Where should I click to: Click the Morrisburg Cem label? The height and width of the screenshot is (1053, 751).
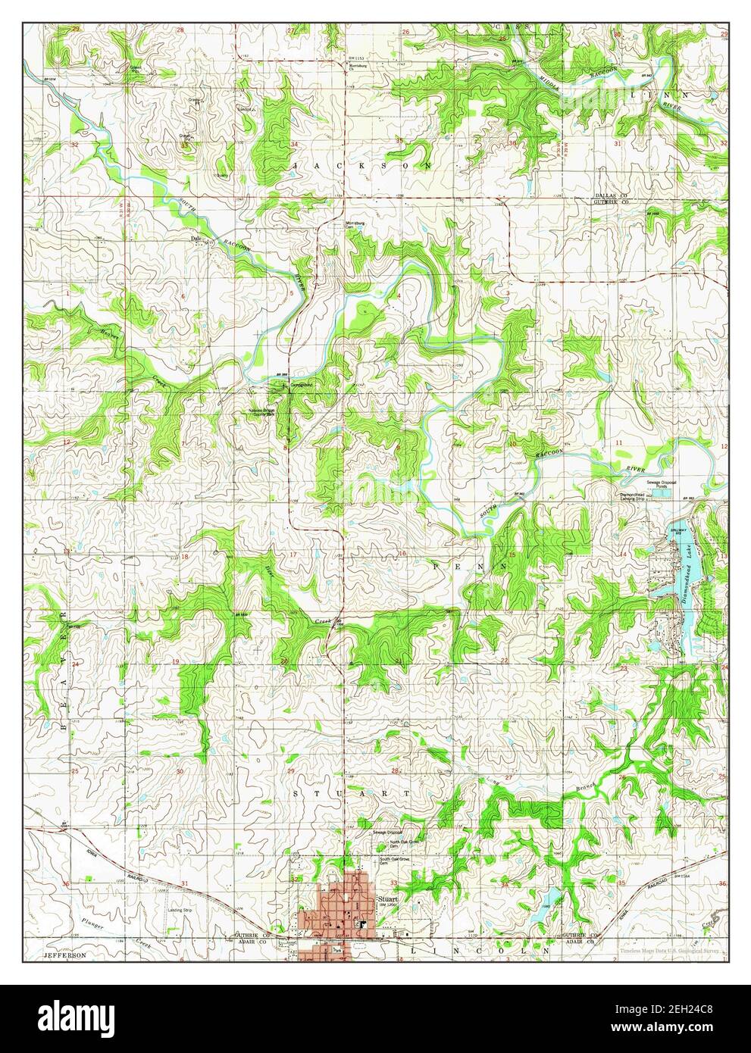click(356, 225)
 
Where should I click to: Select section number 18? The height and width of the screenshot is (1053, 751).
click(183, 555)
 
